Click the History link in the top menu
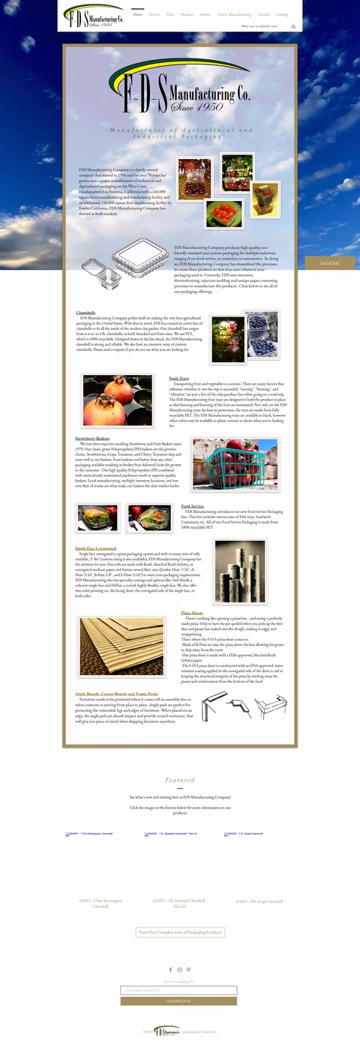click(154, 14)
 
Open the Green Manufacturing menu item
click(234, 14)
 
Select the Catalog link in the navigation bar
click(282, 14)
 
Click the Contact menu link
click(264, 14)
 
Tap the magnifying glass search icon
click(293, 26)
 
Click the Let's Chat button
click(330, 263)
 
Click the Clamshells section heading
click(85, 312)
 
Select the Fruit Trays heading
click(179, 378)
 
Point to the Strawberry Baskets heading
click(92, 437)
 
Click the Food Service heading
click(192, 506)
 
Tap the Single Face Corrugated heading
click(95, 548)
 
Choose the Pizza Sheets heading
click(192, 613)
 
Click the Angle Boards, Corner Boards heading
click(116, 694)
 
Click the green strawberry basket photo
click(235, 464)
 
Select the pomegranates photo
click(117, 400)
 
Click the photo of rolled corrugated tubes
click(239, 571)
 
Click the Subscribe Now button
click(178, 1000)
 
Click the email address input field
click(178, 990)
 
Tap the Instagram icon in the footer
click(179, 970)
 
